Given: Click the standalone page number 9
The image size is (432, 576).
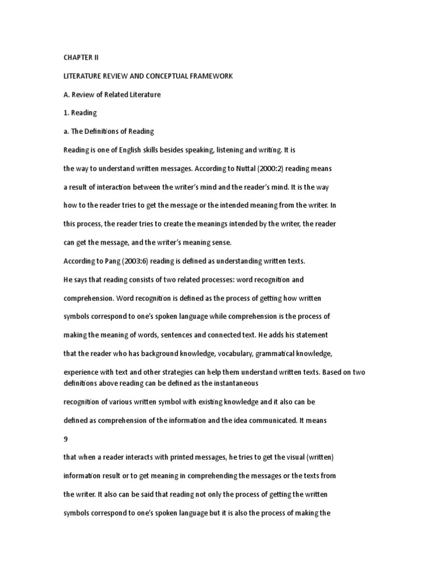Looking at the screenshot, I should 65,439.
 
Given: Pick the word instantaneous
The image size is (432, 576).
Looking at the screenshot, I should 231,382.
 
